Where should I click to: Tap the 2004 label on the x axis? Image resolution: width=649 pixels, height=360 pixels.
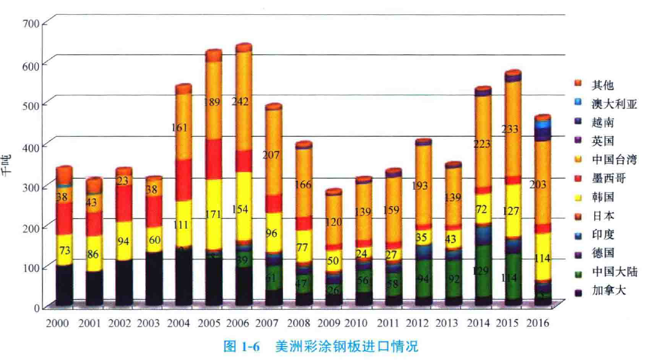click(x=179, y=324)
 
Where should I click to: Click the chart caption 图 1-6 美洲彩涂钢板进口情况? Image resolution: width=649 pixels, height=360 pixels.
click(x=321, y=347)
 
